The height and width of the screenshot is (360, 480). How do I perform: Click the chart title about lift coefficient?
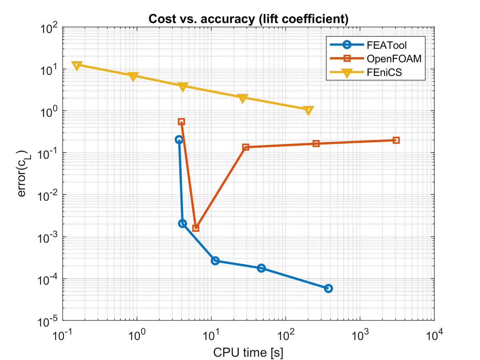point(248,18)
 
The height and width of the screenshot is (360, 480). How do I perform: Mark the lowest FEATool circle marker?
point(328,288)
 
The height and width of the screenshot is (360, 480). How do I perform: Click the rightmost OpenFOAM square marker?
point(396,140)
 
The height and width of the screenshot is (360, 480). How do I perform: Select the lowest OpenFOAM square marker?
point(196,228)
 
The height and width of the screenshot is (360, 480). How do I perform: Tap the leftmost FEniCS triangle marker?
point(77,65)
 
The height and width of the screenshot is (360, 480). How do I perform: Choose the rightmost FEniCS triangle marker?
point(308,110)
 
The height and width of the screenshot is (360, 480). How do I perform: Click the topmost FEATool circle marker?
point(179,139)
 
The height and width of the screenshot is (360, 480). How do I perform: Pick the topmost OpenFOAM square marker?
point(181,122)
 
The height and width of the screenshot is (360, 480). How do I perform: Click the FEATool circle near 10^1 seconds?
point(215,260)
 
